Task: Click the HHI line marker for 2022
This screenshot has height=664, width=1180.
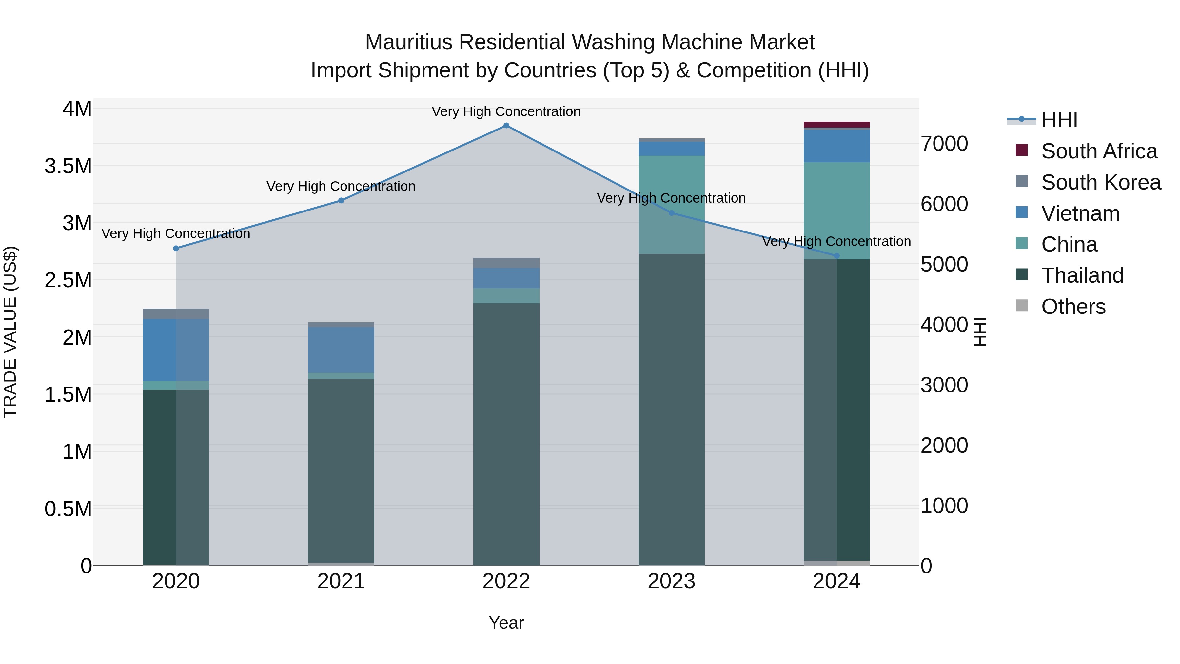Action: click(x=506, y=126)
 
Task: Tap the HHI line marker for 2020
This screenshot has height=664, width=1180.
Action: click(x=176, y=248)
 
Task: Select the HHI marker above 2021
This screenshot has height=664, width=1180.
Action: click(x=341, y=200)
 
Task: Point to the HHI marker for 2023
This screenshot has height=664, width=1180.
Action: click(x=672, y=213)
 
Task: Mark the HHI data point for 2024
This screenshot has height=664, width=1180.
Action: click(x=837, y=256)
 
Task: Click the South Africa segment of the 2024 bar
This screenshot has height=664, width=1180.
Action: click(x=836, y=125)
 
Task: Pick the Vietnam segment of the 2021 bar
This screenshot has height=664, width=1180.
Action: click(x=341, y=350)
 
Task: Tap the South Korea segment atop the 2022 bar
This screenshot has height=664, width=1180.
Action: click(x=506, y=263)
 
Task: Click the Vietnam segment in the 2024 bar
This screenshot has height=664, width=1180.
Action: click(x=836, y=146)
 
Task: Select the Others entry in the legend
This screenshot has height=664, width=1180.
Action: click(x=1073, y=307)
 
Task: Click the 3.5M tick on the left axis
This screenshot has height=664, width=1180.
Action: click(x=68, y=166)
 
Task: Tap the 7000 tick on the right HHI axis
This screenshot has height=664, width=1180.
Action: click(x=945, y=144)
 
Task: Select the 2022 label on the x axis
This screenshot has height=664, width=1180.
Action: click(x=506, y=581)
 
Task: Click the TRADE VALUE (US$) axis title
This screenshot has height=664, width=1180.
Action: click(x=10, y=332)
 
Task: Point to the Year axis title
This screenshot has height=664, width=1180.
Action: click(x=506, y=623)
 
